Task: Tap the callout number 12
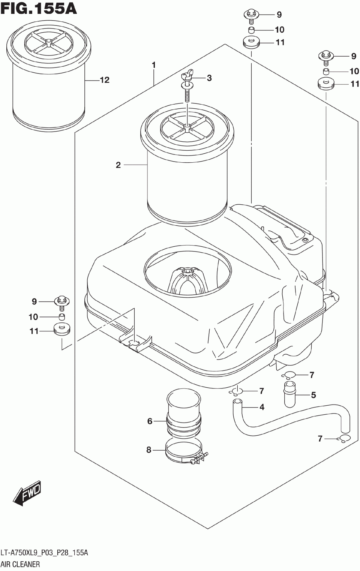coord(105,80)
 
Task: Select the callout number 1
coord(154,65)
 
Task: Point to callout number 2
coord(118,165)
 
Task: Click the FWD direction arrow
coord(27,492)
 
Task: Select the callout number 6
coord(150,421)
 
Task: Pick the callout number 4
coord(262,407)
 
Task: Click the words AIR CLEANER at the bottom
coord(20,564)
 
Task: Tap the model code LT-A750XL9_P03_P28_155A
coord(44,553)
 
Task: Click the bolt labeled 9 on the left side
coord(62,302)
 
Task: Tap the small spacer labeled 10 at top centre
coord(252,30)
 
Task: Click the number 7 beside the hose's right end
coord(320,438)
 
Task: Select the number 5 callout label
coord(313,395)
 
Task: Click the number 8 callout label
coord(149,450)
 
